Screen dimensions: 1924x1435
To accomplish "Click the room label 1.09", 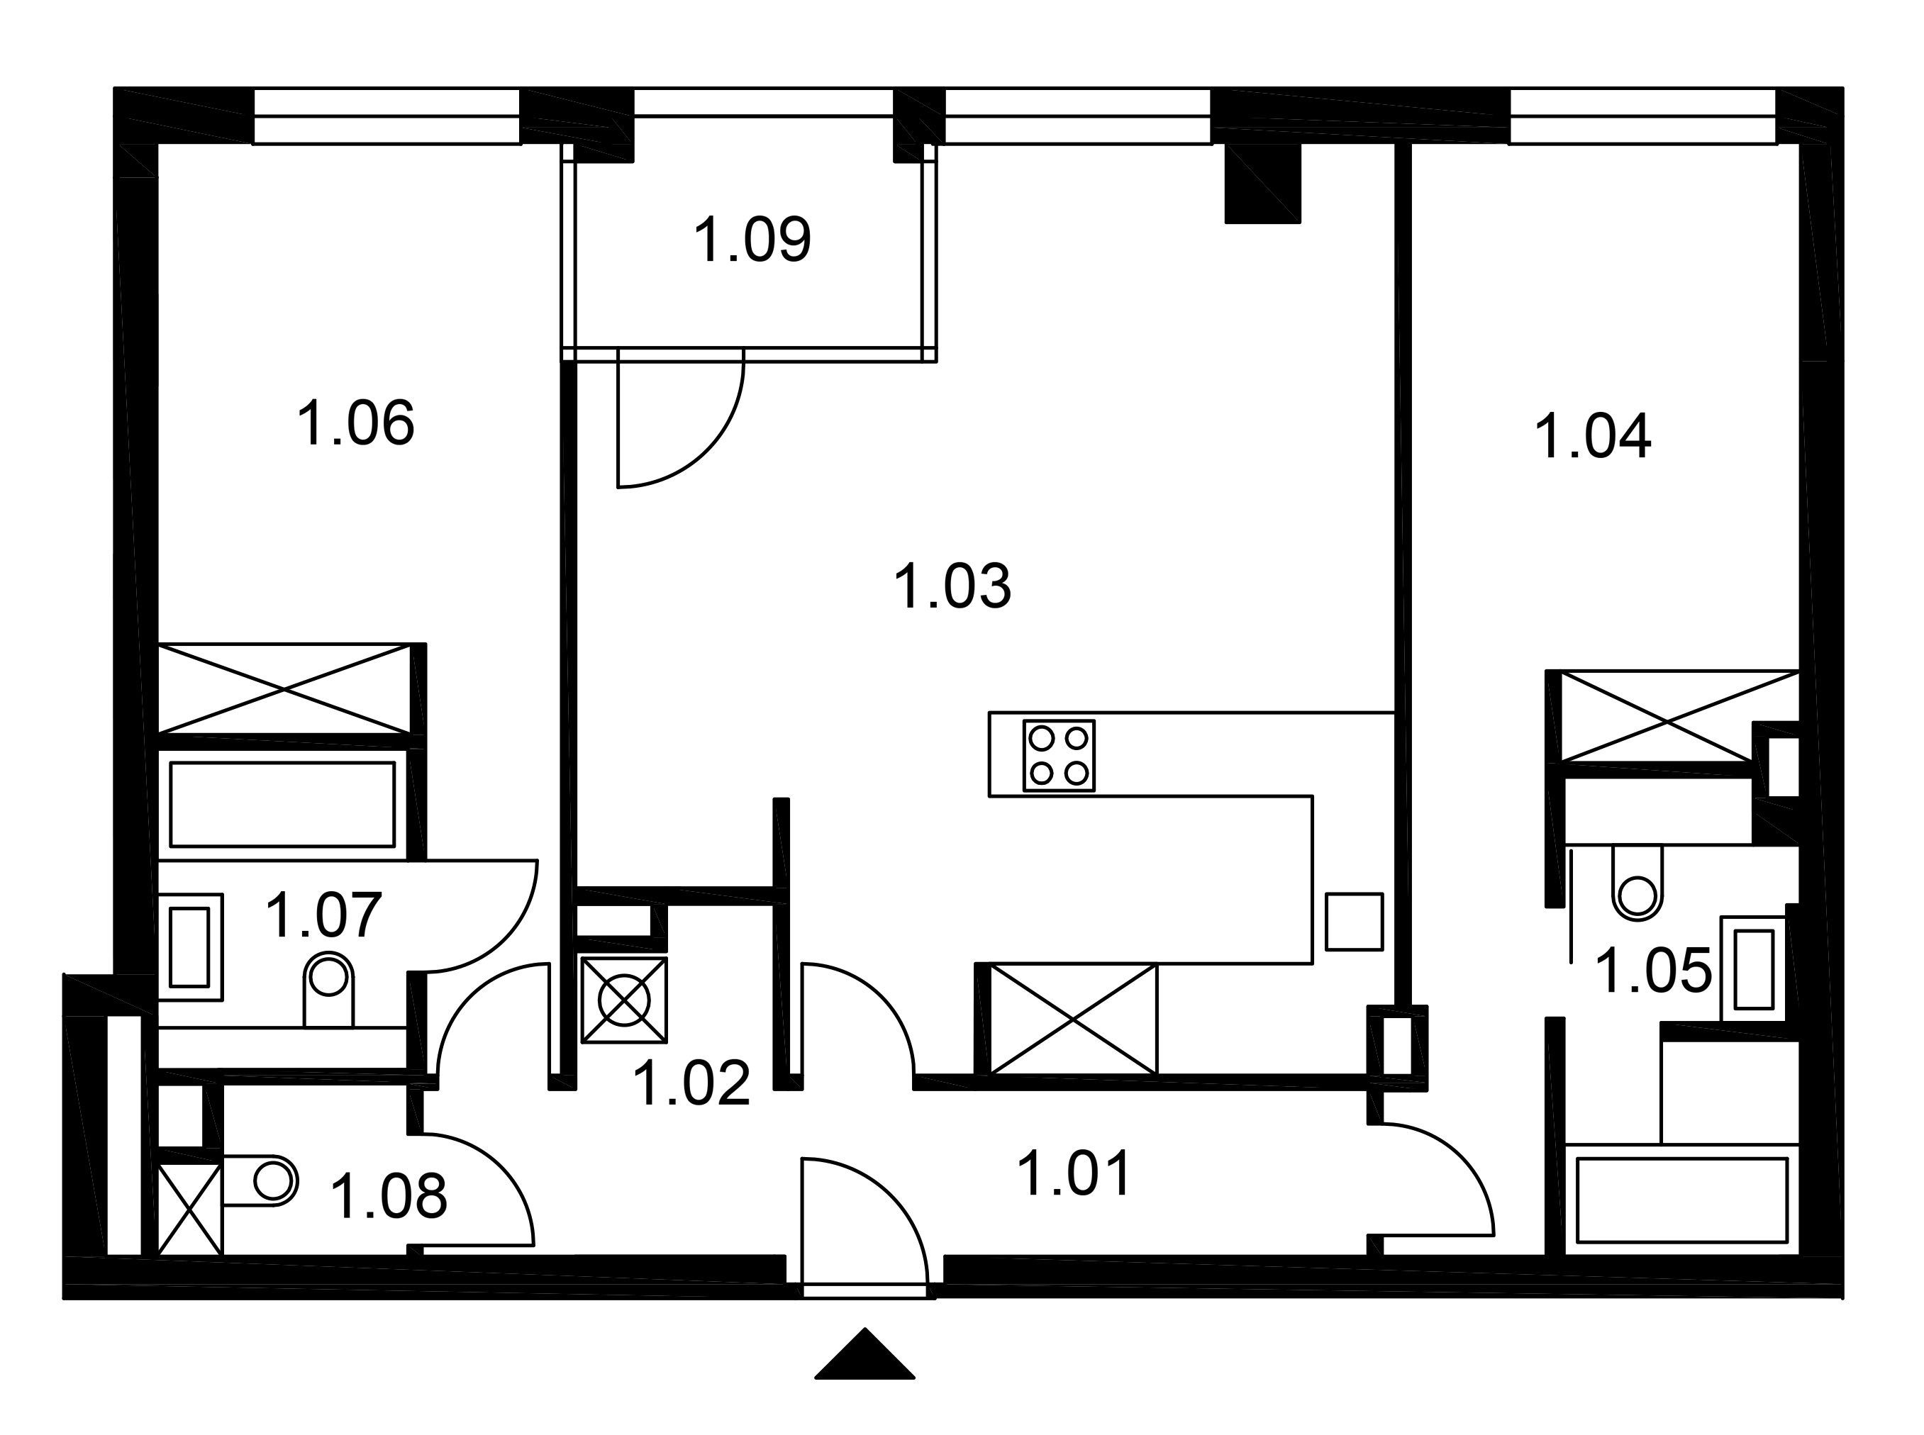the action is click(752, 240).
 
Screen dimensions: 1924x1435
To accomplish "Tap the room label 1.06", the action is click(355, 423).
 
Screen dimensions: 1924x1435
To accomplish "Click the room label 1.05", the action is click(1653, 971).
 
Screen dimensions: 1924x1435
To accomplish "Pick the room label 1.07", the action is click(323, 915).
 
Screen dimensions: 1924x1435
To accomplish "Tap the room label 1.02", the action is click(691, 1083).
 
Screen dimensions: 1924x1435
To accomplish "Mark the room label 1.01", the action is click(1074, 1173).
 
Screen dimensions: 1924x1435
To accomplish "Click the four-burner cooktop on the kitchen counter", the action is click(1059, 756).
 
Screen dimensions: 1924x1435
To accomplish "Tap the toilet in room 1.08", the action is click(260, 1180).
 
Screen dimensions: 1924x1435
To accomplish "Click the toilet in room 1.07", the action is click(328, 989).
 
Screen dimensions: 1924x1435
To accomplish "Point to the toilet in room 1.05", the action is click(1637, 883).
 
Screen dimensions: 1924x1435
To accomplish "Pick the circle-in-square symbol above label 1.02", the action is click(623, 1000).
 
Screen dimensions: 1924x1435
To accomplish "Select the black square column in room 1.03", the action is click(1262, 184).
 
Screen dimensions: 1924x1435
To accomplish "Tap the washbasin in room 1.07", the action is click(190, 947).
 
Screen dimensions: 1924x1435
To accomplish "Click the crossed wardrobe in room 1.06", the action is click(284, 689).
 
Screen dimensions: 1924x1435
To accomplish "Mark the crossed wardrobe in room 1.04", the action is click(1680, 717).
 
